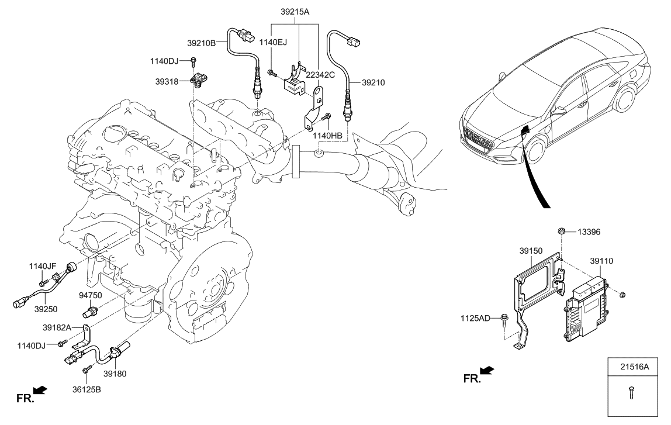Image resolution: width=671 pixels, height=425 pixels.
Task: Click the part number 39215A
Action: click(296, 11)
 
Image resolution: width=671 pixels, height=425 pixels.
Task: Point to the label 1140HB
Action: click(328, 136)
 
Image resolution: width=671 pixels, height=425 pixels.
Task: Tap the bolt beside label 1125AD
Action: click(503, 319)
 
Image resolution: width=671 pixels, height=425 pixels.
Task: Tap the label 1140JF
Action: click(41, 266)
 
